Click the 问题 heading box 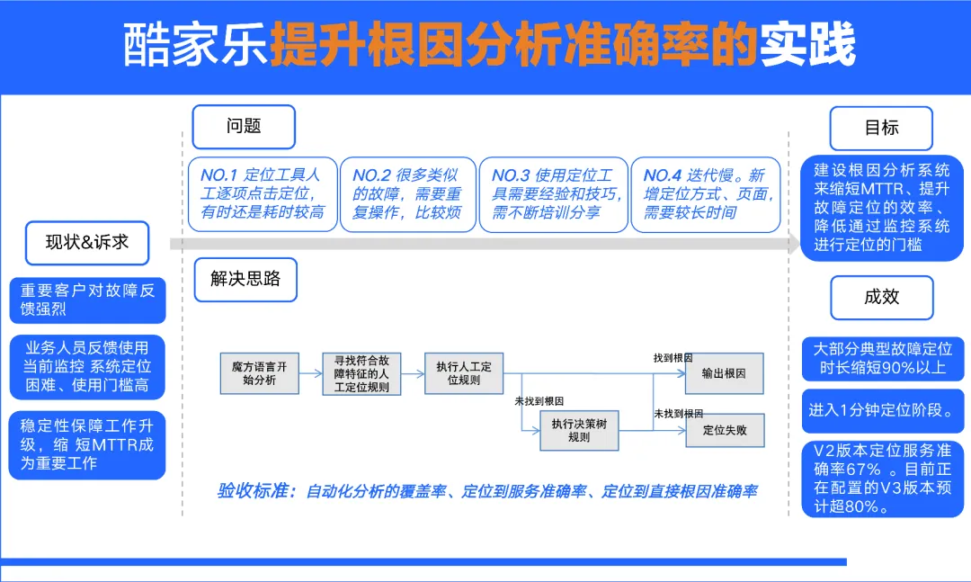(x=244, y=127)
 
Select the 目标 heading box (x=881, y=128)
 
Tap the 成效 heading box (x=881, y=298)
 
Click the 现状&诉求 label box (x=87, y=242)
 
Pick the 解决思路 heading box (x=245, y=279)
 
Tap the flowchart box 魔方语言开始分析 (x=258, y=373)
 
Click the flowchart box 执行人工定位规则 (x=464, y=373)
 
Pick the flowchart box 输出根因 (x=724, y=373)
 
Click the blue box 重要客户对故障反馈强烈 (x=88, y=300)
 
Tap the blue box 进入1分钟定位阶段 (x=882, y=410)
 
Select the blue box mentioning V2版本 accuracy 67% (x=882, y=479)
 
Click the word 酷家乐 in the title (x=196, y=46)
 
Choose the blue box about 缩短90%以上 (x=882, y=358)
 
